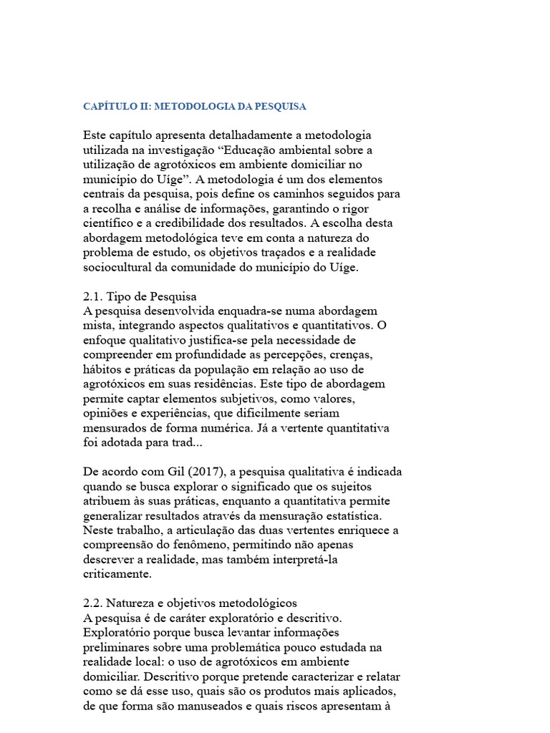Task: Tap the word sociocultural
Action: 117,267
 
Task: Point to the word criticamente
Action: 117,574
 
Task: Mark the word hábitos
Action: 102,369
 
